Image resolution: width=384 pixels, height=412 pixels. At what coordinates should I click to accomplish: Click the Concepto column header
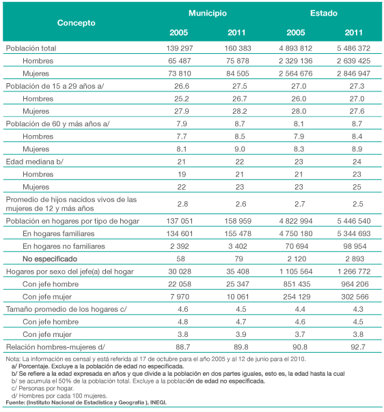click(76, 23)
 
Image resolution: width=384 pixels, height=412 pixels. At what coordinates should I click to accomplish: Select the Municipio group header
click(208, 13)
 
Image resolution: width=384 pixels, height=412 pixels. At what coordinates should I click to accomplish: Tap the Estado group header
click(323, 13)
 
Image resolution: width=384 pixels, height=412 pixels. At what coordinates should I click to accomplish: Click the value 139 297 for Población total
click(180, 48)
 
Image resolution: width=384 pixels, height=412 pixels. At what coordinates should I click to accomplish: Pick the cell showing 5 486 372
click(353, 48)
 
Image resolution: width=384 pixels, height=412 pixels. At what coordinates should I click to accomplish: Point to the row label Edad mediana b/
click(34, 162)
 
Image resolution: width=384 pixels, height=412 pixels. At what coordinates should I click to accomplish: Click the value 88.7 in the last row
click(182, 347)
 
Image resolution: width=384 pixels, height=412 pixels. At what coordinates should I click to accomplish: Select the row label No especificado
click(50, 259)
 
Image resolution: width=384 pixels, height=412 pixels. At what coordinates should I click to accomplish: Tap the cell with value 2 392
click(180, 246)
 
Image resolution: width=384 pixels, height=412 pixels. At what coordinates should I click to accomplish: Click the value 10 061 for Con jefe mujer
click(238, 297)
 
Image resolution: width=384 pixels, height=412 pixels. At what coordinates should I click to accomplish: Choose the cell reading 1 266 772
click(354, 271)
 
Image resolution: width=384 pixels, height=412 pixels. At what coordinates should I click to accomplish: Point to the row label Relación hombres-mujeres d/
click(55, 347)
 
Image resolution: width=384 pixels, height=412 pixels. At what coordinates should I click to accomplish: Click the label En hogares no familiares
click(64, 246)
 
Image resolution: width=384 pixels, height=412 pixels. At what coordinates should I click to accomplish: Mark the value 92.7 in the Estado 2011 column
click(358, 347)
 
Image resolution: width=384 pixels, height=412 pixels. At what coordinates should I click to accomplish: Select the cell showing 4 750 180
click(296, 233)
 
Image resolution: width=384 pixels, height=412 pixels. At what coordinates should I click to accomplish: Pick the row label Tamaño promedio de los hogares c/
click(66, 309)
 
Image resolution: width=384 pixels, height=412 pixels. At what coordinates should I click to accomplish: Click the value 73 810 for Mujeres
click(180, 74)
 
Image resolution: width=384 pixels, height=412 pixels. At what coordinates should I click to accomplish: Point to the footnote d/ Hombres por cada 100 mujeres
click(59, 396)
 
